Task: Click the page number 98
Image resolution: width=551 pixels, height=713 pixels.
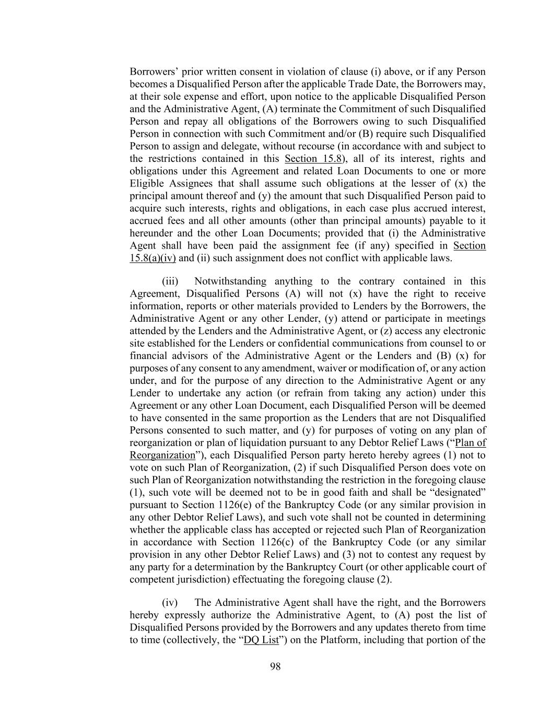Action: point(275,666)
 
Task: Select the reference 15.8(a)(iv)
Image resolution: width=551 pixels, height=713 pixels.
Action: point(153,258)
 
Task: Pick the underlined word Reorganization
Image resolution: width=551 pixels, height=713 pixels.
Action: point(162,455)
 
